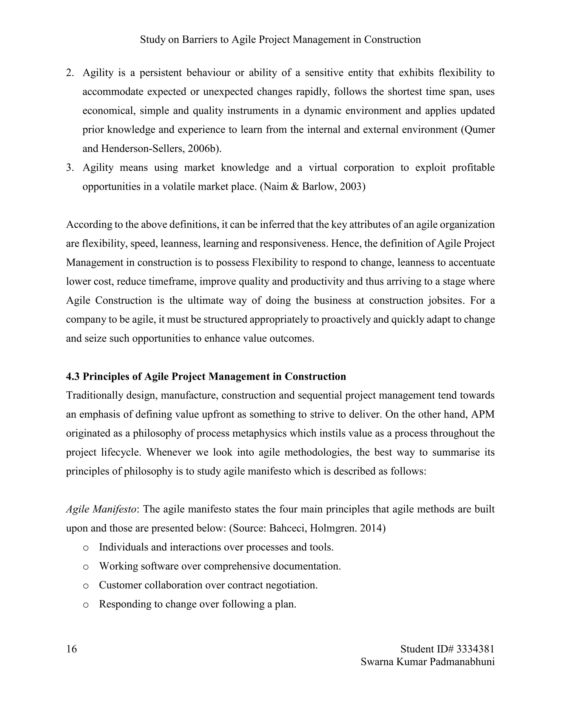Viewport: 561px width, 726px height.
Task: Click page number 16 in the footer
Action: (x=71, y=649)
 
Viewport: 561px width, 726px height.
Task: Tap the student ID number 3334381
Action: (x=475, y=649)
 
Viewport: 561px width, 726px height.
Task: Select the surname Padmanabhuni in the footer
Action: (x=462, y=662)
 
